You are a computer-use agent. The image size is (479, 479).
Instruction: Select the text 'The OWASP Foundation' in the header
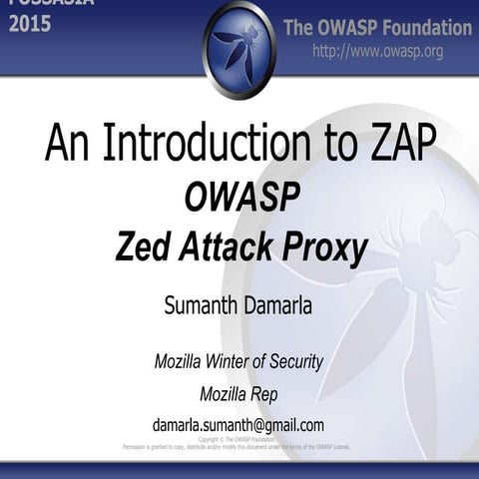(x=377, y=27)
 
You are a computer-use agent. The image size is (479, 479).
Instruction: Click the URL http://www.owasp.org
(x=377, y=51)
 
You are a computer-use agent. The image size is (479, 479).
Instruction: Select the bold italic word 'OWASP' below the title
(x=241, y=198)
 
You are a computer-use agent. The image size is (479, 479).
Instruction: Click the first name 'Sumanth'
(x=200, y=305)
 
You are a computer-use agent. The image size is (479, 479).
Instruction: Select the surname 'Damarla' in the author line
(x=276, y=305)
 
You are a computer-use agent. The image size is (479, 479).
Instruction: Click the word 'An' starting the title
(x=66, y=144)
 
